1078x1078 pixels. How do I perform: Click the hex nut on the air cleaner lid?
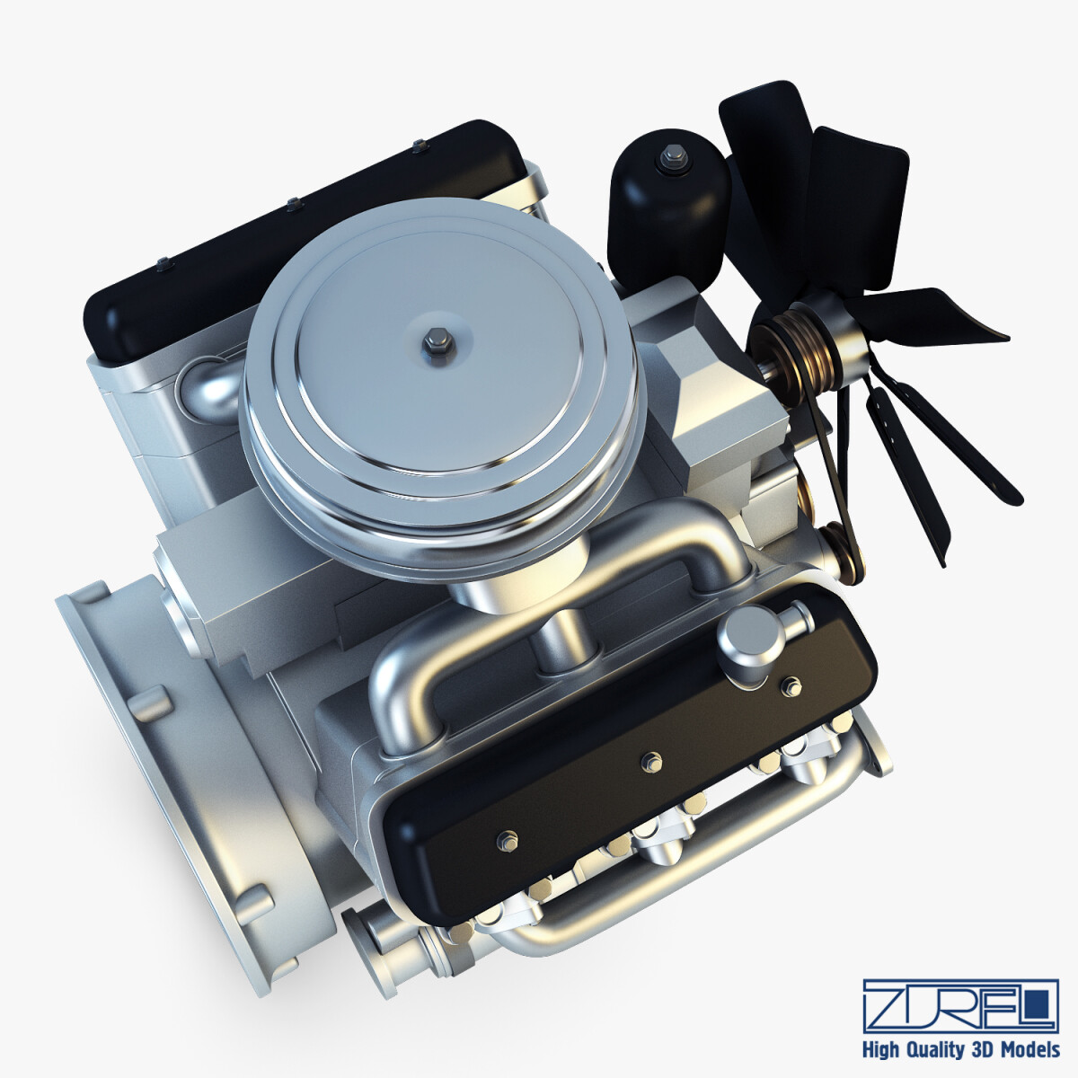435,340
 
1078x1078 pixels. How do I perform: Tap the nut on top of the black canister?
669,159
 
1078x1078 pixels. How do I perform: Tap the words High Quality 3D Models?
960,1049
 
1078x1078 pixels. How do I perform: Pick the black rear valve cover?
296,234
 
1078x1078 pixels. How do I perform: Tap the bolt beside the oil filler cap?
791,689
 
